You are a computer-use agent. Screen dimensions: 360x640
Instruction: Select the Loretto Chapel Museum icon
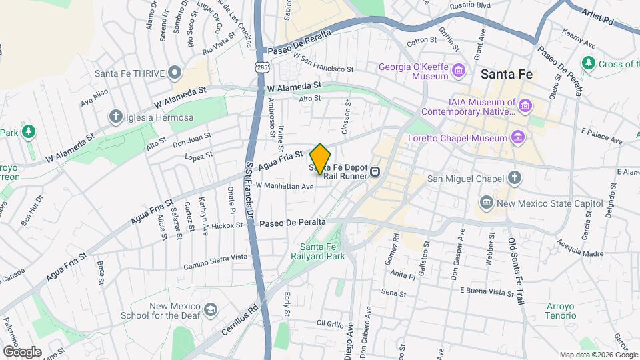[x=518, y=138]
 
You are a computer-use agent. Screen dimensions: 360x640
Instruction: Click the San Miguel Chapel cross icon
[x=514, y=177]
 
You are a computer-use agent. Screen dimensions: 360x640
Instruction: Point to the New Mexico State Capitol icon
[x=487, y=202]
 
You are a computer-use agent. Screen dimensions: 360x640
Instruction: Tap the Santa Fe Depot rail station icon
[x=376, y=172]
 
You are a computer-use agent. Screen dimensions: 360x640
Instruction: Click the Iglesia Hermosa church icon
[x=115, y=117]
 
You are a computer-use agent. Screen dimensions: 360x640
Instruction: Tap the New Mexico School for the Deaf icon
[x=211, y=309]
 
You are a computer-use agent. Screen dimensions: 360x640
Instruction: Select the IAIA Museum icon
[x=525, y=106]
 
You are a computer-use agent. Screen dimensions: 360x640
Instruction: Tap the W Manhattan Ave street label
[x=284, y=187]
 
